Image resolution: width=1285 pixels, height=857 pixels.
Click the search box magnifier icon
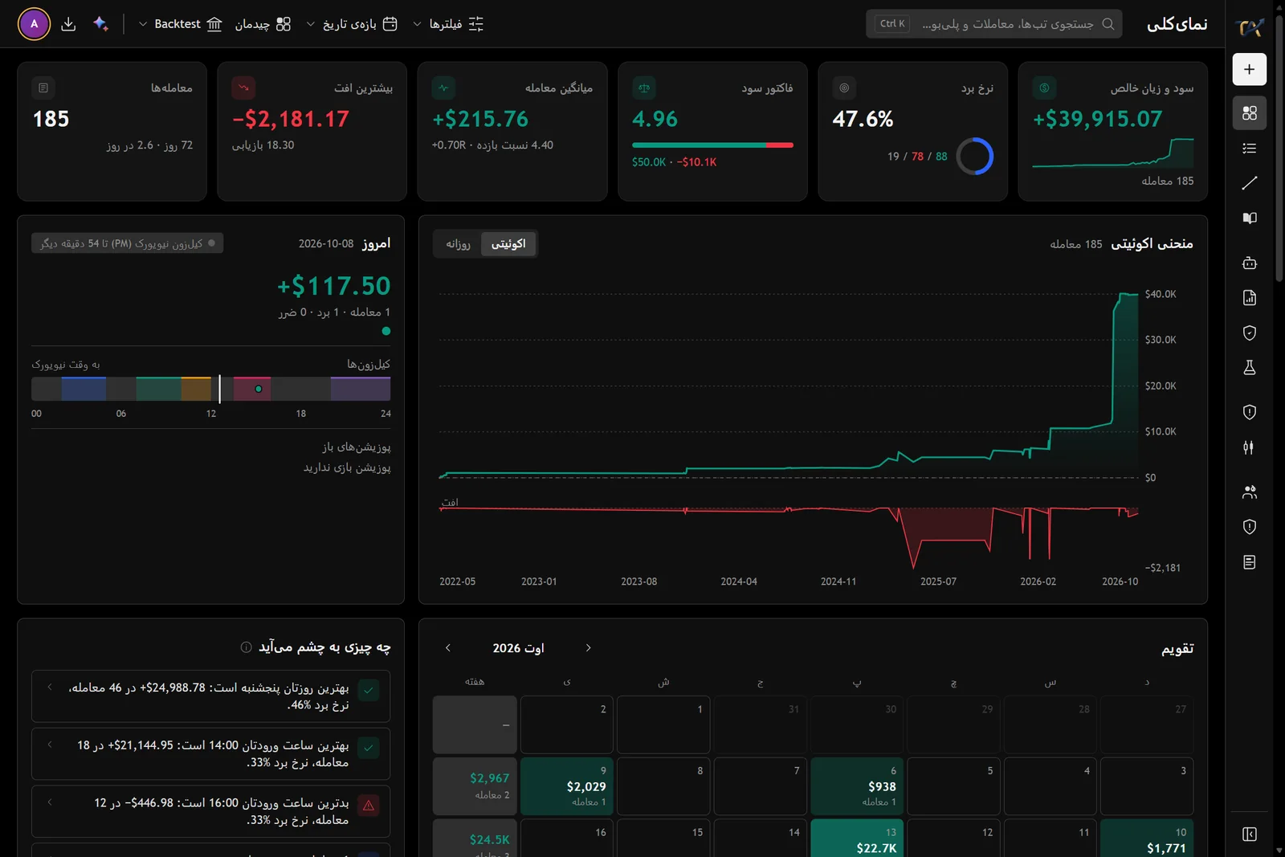click(1108, 24)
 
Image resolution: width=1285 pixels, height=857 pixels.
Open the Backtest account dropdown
click(180, 24)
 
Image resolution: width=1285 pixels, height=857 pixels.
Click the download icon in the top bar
click(68, 24)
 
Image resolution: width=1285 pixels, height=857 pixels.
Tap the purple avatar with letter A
click(34, 24)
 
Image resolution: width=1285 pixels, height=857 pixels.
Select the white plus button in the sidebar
click(1249, 69)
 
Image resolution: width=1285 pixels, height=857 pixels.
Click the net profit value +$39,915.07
click(1097, 119)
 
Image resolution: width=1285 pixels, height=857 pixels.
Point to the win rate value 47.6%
click(863, 119)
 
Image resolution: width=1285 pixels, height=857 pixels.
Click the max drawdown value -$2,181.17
click(291, 119)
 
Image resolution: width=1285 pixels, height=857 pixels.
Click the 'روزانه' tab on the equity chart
click(459, 244)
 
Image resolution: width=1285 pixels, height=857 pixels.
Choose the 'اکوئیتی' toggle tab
click(508, 244)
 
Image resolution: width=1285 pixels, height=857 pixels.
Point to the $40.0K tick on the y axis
click(1160, 294)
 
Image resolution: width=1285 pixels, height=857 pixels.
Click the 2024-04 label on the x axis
click(738, 581)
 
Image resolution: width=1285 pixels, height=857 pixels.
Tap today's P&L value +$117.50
click(334, 286)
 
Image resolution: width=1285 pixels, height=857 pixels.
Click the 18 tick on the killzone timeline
click(300, 414)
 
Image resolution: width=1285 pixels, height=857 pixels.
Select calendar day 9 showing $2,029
click(566, 786)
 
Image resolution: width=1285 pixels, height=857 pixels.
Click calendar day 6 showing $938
click(856, 786)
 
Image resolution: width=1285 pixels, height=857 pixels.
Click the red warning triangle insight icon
click(369, 806)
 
